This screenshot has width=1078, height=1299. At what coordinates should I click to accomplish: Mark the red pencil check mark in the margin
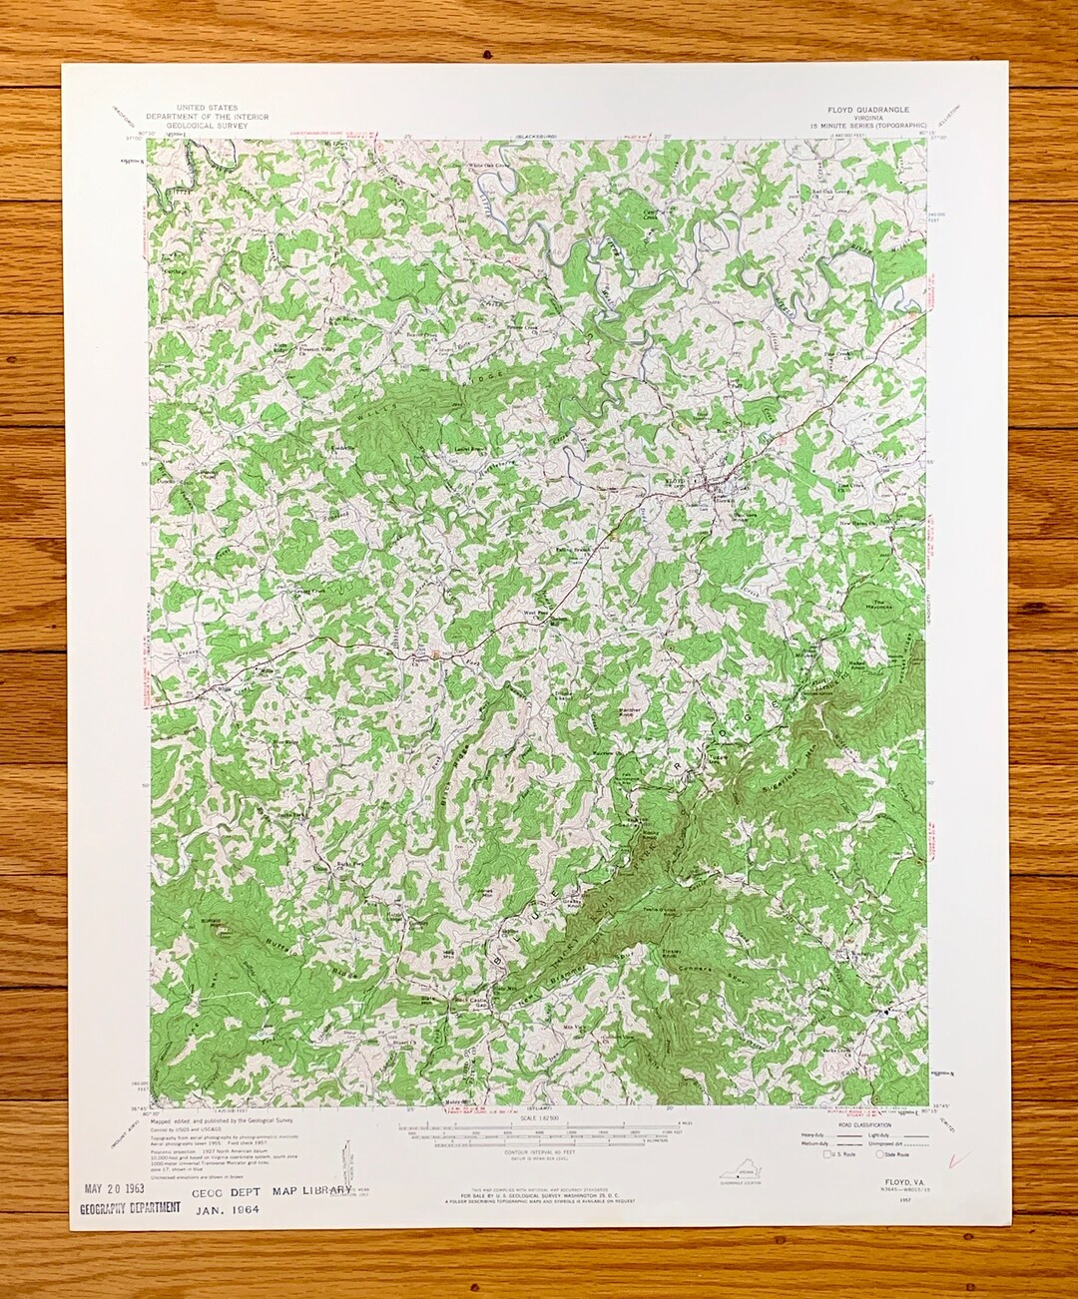tap(961, 1159)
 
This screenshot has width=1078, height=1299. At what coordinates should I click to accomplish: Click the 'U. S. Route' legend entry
tap(836, 1154)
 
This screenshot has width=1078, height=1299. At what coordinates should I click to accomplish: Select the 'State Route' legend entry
tap(887, 1154)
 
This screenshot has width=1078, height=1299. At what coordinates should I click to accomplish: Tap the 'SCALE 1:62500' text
tap(541, 1120)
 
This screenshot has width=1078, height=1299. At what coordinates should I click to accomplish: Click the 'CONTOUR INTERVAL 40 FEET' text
tap(540, 1149)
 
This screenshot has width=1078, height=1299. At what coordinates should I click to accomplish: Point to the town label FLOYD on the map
tap(676, 482)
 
